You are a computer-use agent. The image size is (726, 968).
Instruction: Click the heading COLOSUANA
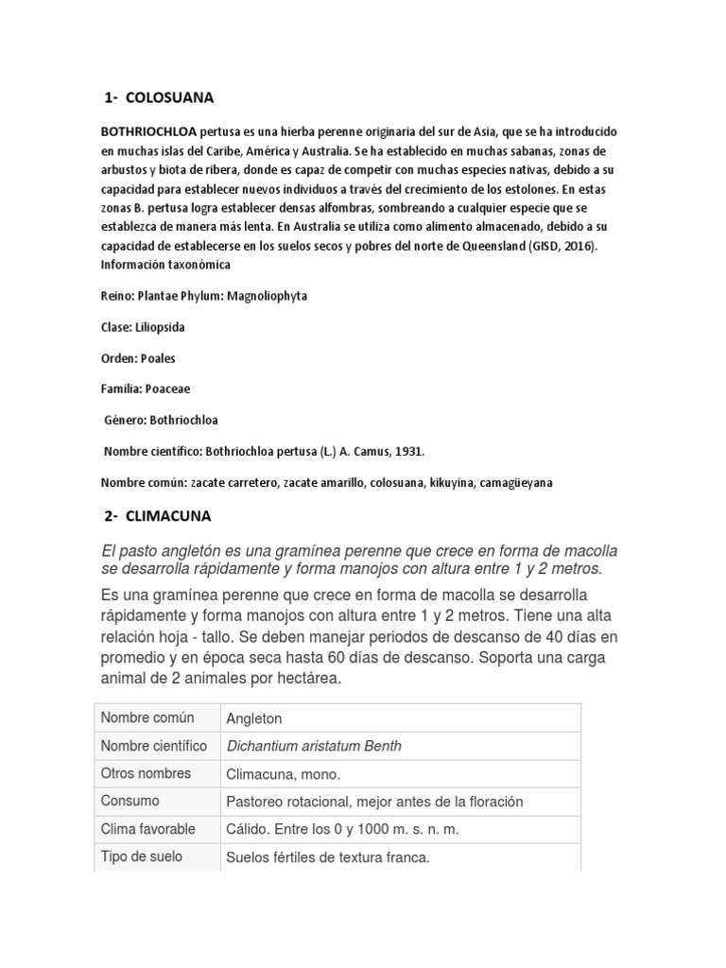pos(169,97)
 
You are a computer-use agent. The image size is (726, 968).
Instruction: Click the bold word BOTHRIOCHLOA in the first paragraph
pos(143,131)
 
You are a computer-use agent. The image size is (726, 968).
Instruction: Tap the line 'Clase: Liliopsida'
pos(145,327)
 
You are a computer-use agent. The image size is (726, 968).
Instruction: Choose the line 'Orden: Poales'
pos(138,358)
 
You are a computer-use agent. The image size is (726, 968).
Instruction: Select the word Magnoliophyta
pos(265,296)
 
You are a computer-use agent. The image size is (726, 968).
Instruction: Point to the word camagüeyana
pos(516,482)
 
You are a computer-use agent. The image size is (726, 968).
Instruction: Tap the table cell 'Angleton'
pos(254,718)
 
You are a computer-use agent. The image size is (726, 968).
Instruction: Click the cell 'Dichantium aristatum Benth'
pos(314,746)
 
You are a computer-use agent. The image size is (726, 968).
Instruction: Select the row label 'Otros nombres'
pos(146,773)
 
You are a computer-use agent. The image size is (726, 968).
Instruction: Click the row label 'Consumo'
pos(130,801)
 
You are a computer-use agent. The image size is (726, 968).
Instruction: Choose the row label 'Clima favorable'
pos(148,829)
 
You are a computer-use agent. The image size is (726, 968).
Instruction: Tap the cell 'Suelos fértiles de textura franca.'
pos(328,858)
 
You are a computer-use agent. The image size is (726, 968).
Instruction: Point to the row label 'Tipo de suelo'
pos(142,856)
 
